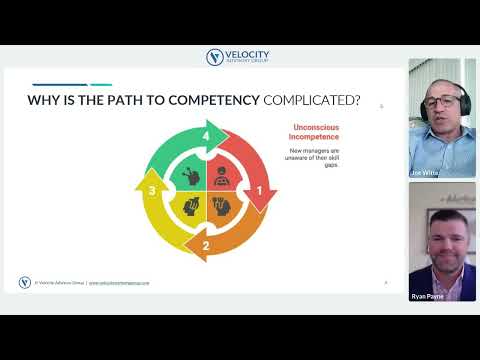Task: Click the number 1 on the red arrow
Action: coord(260,190)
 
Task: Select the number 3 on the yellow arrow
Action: coord(152,190)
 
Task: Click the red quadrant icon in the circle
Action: coord(222,175)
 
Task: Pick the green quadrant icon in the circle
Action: coord(190,175)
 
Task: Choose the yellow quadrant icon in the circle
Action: coord(190,207)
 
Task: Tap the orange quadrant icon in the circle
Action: coord(222,207)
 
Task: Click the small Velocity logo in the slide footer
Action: coord(25,282)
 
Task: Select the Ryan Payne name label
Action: coord(425,295)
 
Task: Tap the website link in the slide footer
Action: coord(119,283)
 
